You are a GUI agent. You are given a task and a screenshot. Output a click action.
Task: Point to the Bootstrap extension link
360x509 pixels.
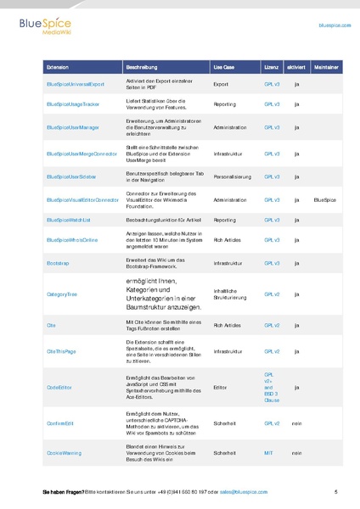pyautogui.click(x=58, y=263)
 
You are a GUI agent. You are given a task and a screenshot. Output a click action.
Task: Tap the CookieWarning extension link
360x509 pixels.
pyautogui.click(x=64, y=453)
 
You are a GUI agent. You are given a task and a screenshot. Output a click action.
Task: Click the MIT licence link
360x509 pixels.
pyautogui.click(x=268, y=453)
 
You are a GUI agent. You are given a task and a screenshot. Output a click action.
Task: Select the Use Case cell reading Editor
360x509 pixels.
pyautogui.click(x=220, y=386)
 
